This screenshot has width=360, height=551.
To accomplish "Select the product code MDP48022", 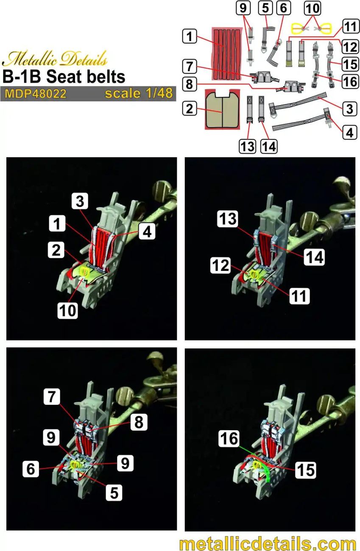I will click(x=36, y=94).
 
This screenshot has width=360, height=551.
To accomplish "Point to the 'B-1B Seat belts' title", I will click(x=64, y=77).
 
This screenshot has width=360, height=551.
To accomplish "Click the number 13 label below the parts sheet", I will click(x=248, y=146).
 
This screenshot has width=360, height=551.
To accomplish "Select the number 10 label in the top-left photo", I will click(x=68, y=310).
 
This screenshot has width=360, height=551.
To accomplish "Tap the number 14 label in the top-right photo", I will click(x=314, y=257).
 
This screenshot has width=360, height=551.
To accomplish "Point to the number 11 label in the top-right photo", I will click(x=299, y=296).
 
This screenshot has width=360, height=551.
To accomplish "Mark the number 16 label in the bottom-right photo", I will click(x=229, y=439).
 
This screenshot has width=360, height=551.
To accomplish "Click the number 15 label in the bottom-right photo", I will click(x=305, y=470).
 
